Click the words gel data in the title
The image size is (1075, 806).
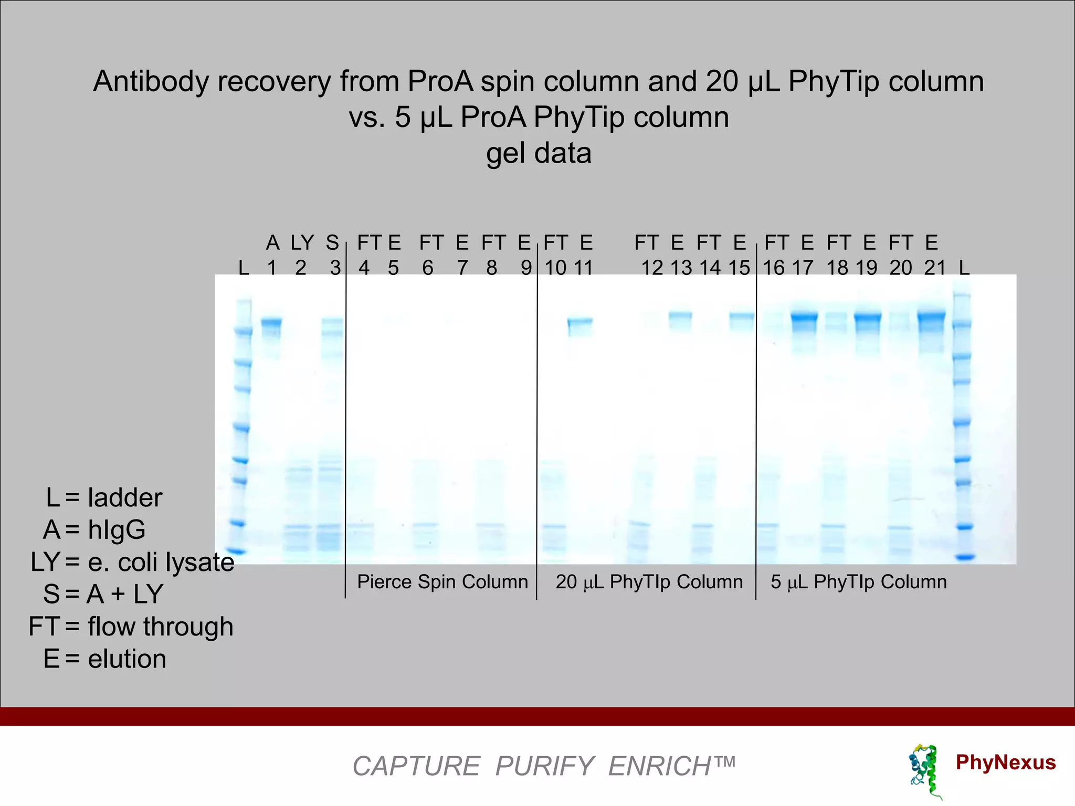pyautogui.click(x=539, y=154)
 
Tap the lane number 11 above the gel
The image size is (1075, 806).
pyautogui.click(x=583, y=268)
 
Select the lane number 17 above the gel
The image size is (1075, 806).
pyautogui.click(x=803, y=268)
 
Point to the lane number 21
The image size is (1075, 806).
pyautogui.click(x=935, y=268)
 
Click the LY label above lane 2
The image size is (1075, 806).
pyautogui.click(x=302, y=243)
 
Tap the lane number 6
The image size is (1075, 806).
pyautogui.click(x=428, y=268)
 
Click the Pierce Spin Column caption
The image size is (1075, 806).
pyautogui.click(x=442, y=582)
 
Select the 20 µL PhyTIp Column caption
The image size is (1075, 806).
pyautogui.click(x=649, y=582)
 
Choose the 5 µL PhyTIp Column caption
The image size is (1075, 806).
pyautogui.click(x=859, y=582)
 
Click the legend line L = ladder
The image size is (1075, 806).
pyautogui.click(x=104, y=497)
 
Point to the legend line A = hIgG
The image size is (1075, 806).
pyautogui.click(x=94, y=529)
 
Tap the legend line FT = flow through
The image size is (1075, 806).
pyautogui.click(x=131, y=627)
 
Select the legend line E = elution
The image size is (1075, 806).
pyautogui.click(x=104, y=659)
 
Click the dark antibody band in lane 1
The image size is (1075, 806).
pyautogui.click(x=271, y=322)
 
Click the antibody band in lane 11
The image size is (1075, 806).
pyautogui.click(x=580, y=321)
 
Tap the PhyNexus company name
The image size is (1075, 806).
pyautogui.click(x=1005, y=762)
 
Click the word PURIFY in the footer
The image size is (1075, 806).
pyautogui.click(x=544, y=766)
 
